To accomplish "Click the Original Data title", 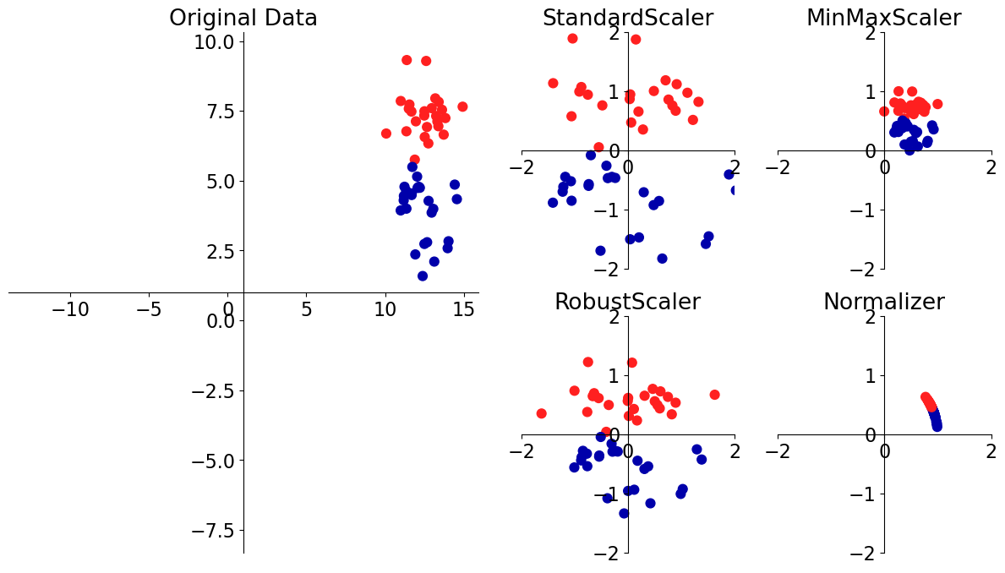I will click(243, 18).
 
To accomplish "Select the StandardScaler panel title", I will click(627, 18).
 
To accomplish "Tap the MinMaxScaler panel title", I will click(883, 18).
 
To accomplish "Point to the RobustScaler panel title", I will click(627, 302).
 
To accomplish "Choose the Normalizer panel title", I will click(883, 302).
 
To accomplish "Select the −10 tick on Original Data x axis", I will click(70, 310).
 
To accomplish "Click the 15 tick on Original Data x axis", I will click(464, 310).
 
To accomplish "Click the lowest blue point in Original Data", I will click(423, 276).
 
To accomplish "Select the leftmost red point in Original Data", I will click(386, 134).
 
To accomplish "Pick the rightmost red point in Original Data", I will click(462, 106).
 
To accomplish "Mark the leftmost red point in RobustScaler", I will click(541, 413).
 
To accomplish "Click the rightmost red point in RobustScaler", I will click(714, 395).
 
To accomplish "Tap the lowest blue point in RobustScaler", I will click(624, 513).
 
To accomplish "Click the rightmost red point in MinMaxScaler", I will click(937, 104).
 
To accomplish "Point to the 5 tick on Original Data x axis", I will click(307, 310).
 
